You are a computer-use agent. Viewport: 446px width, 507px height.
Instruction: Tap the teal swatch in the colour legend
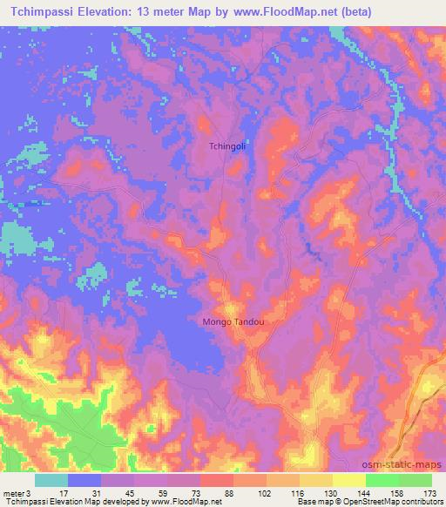click(51, 480)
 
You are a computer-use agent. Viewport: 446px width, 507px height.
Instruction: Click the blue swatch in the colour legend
click(84, 480)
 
